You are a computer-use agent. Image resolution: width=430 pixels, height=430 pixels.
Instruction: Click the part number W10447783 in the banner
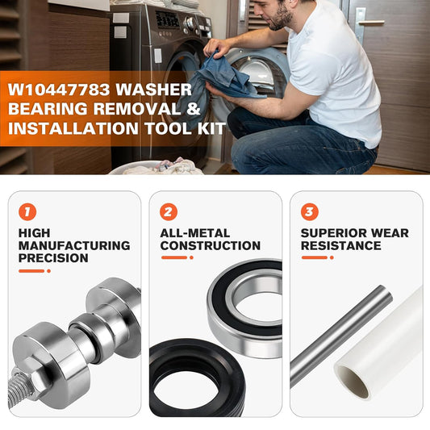point(59,90)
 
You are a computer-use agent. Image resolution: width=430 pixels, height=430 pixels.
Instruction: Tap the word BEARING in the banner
point(48,109)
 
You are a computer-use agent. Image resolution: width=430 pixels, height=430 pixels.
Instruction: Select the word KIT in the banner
point(211,128)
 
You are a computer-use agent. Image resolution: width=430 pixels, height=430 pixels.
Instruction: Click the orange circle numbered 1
point(27,211)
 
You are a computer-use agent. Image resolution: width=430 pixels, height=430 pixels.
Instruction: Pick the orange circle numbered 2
point(169,211)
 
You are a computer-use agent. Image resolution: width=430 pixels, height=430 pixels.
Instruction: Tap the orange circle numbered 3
point(310,211)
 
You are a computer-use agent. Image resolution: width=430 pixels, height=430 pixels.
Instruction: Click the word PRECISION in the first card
point(53,258)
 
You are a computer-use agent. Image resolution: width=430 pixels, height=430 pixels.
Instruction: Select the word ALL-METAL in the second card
point(195,233)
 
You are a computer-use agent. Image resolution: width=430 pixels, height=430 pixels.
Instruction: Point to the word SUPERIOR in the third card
point(331,233)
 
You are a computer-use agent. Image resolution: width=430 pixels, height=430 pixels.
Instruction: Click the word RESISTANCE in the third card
point(341,246)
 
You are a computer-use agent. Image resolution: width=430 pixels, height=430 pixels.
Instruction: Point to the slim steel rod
point(341,336)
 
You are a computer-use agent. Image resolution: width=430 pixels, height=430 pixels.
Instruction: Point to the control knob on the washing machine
point(190,23)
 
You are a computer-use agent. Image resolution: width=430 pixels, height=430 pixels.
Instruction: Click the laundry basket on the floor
point(157,167)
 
